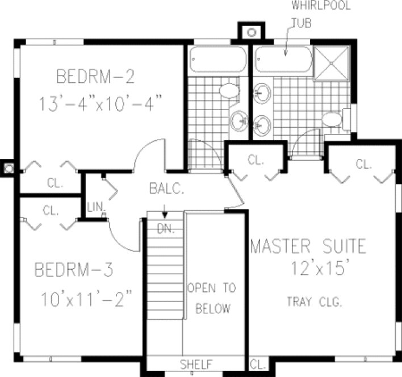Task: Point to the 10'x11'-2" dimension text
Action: coord(87,297)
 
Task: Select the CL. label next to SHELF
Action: coord(258,363)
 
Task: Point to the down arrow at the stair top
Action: coord(164,214)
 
